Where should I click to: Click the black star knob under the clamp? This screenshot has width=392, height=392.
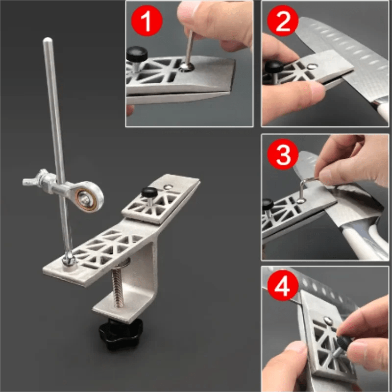coord(120,334)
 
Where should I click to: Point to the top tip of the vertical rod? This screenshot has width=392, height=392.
coord(47,41)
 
